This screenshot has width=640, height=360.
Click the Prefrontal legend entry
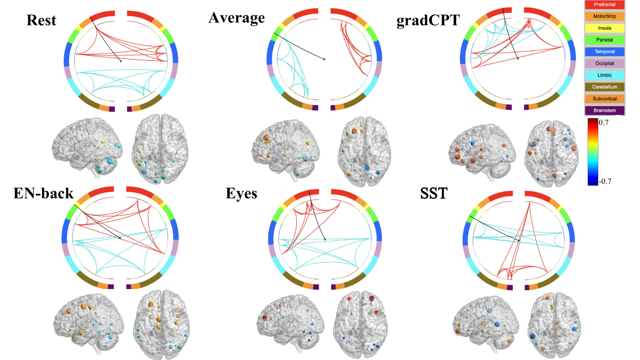tap(604, 5)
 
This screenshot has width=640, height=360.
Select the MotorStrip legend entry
tap(604, 16)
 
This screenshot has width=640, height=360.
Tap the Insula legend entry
tap(604, 28)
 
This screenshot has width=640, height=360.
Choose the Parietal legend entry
tap(604, 40)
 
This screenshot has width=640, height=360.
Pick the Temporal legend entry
tap(604, 52)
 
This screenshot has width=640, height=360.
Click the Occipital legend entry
tap(604, 63)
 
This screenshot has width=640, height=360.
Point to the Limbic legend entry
tap(604, 75)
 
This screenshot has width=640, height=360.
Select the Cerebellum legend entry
tap(604, 87)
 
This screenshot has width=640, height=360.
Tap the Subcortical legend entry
tap(604, 99)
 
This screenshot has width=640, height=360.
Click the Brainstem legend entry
tap(604, 110)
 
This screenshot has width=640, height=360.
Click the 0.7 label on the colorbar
tap(604, 123)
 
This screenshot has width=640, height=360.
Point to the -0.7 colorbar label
tap(605, 181)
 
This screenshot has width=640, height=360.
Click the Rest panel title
tap(41, 20)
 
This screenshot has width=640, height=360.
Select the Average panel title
tap(237, 18)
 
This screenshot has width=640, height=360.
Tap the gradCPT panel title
tap(428, 20)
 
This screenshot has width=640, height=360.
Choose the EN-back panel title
tap(43, 193)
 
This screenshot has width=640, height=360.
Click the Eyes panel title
tap(241, 193)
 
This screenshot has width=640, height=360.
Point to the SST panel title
tap(434, 193)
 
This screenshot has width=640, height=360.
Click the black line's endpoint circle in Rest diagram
tap(121, 61)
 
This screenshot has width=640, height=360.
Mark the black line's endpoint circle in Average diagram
tap(324, 59)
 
